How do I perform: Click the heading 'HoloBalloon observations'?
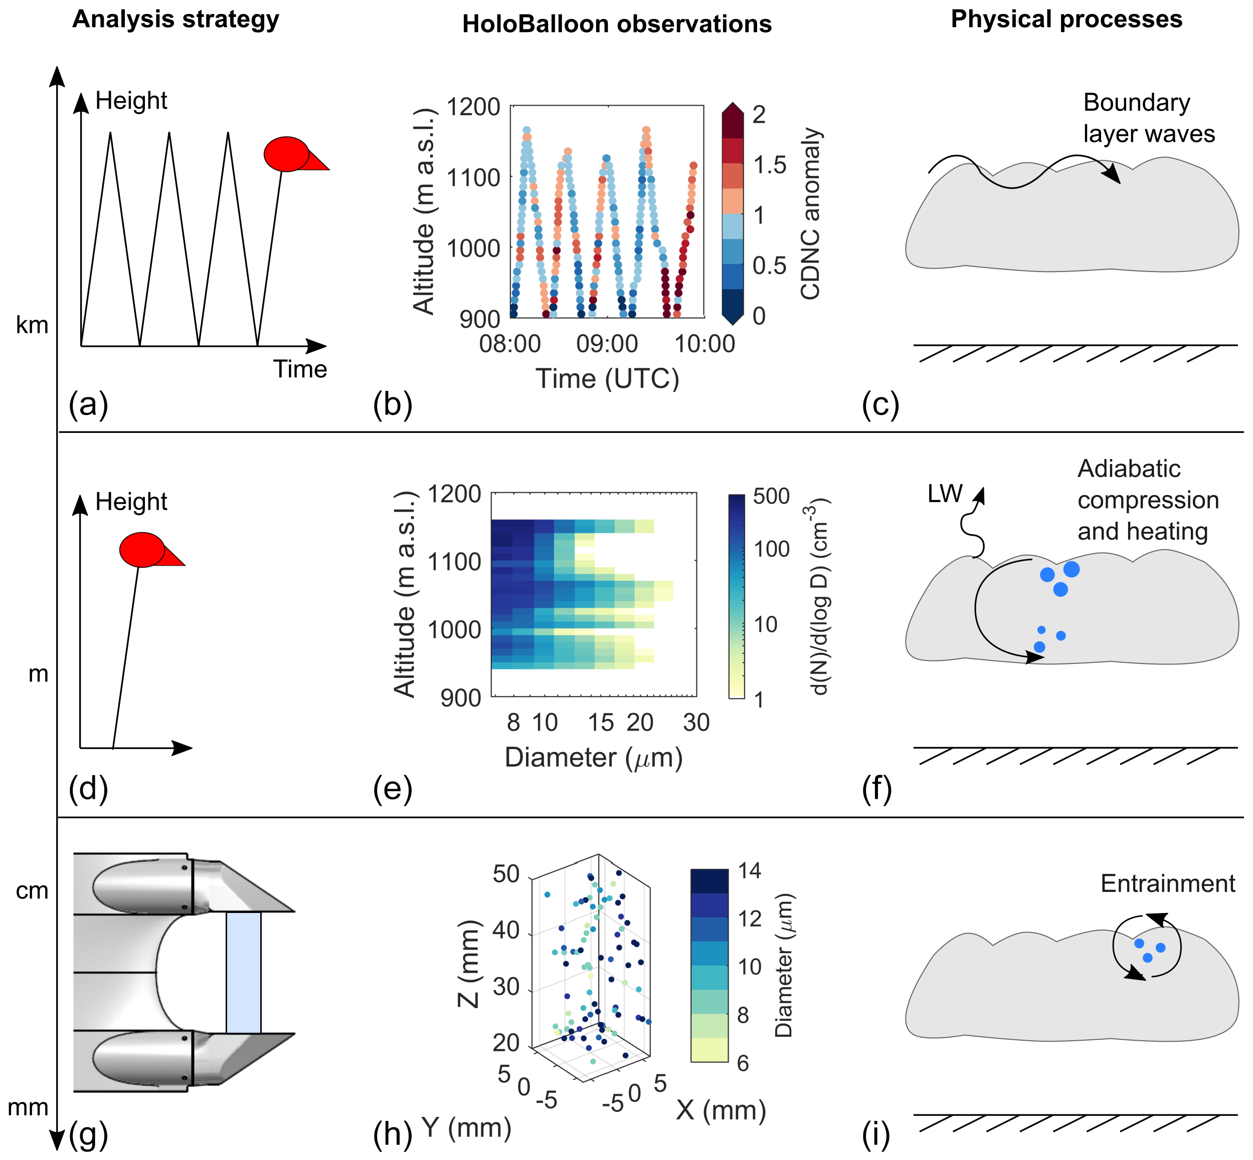point(616,25)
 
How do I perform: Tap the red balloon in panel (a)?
point(287,154)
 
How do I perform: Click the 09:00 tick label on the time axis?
point(607,344)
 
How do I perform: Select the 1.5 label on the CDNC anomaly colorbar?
point(769,164)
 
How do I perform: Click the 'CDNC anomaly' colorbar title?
point(811,213)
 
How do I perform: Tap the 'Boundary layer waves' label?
point(1148,118)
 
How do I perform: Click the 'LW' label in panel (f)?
point(944,494)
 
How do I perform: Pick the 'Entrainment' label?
point(1167,883)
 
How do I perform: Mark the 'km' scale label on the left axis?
point(32,325)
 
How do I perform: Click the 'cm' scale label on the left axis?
point(32,890)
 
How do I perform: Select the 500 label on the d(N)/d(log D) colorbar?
point(771,496)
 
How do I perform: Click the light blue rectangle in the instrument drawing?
point(243,972)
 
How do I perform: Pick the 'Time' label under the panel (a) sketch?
point(300,369)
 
